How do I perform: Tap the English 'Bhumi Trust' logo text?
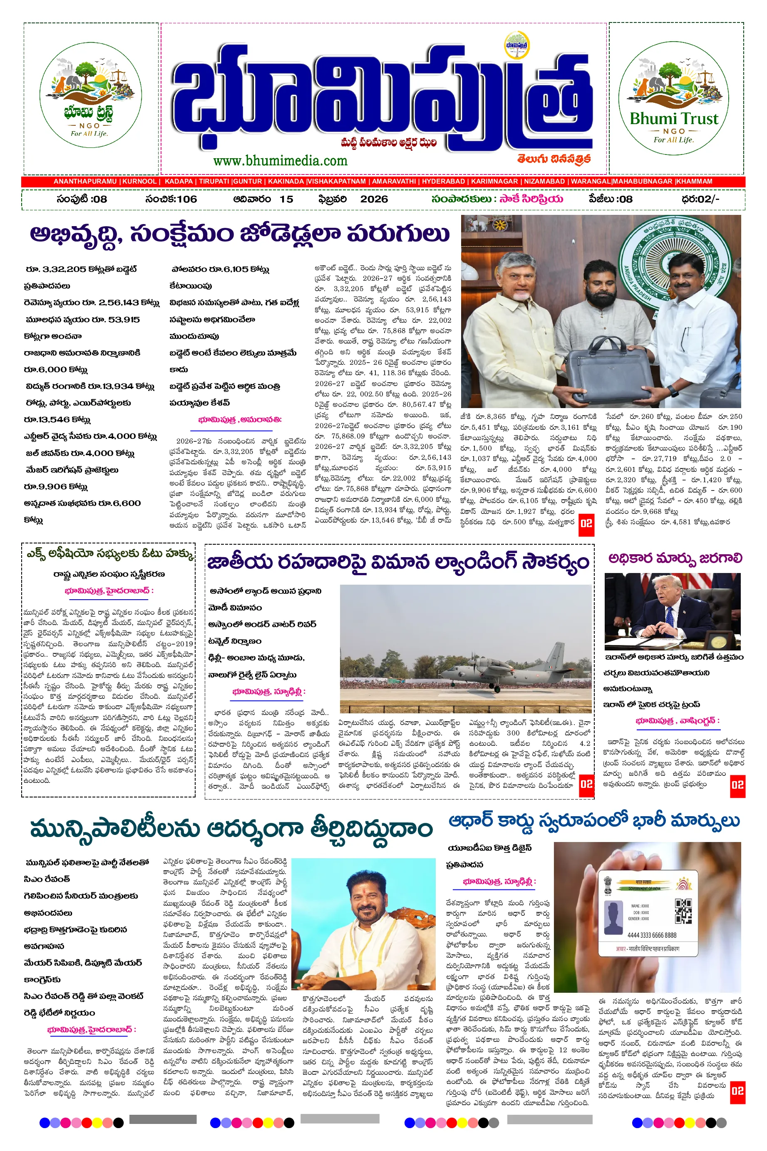[674, 118]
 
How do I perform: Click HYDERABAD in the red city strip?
[443, 182]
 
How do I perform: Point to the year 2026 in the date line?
[374, 199]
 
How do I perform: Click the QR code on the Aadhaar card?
[683, 911]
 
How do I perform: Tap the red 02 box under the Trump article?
[737, 785]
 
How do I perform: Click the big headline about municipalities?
[231, 829]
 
